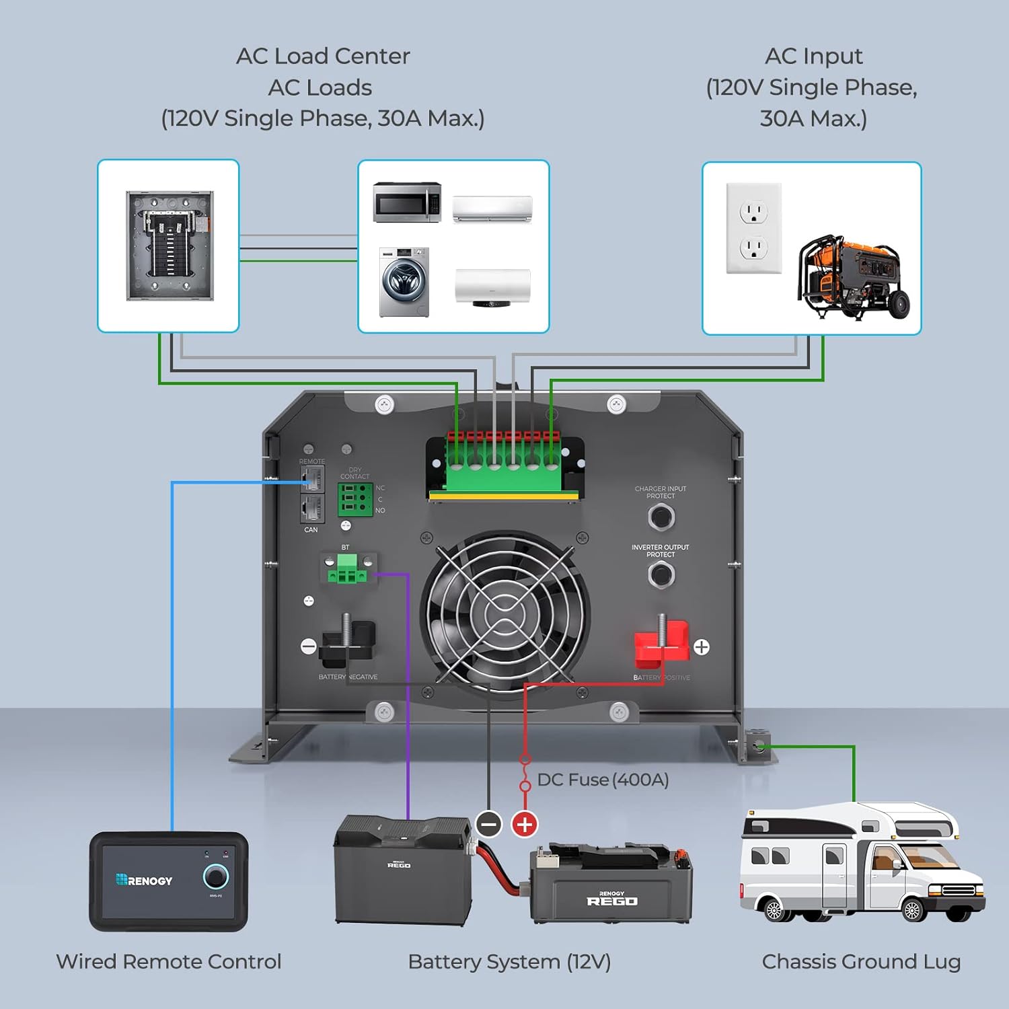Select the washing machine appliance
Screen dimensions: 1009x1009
tap(404, 282)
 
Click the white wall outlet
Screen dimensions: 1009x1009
tap(754, 229)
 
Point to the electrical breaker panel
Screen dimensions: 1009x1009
tap(170, 246)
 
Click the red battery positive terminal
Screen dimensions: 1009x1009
tap(662, 641)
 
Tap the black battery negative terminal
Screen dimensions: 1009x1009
tap(346, 640)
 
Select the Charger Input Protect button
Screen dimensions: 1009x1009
tap(661, 517)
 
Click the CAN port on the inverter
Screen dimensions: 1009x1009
tap(311, 508)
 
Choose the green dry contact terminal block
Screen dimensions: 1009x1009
tap(354, 499)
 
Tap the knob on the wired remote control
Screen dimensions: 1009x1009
tap(216, 876)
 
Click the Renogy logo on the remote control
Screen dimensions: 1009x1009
tap(144, 881)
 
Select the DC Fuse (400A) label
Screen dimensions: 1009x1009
tap(603, 780)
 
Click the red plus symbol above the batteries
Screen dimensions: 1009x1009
tap(525, 824)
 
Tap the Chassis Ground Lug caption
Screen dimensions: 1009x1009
tap(861, 962)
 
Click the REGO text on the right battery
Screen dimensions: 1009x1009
tap(611, 901)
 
